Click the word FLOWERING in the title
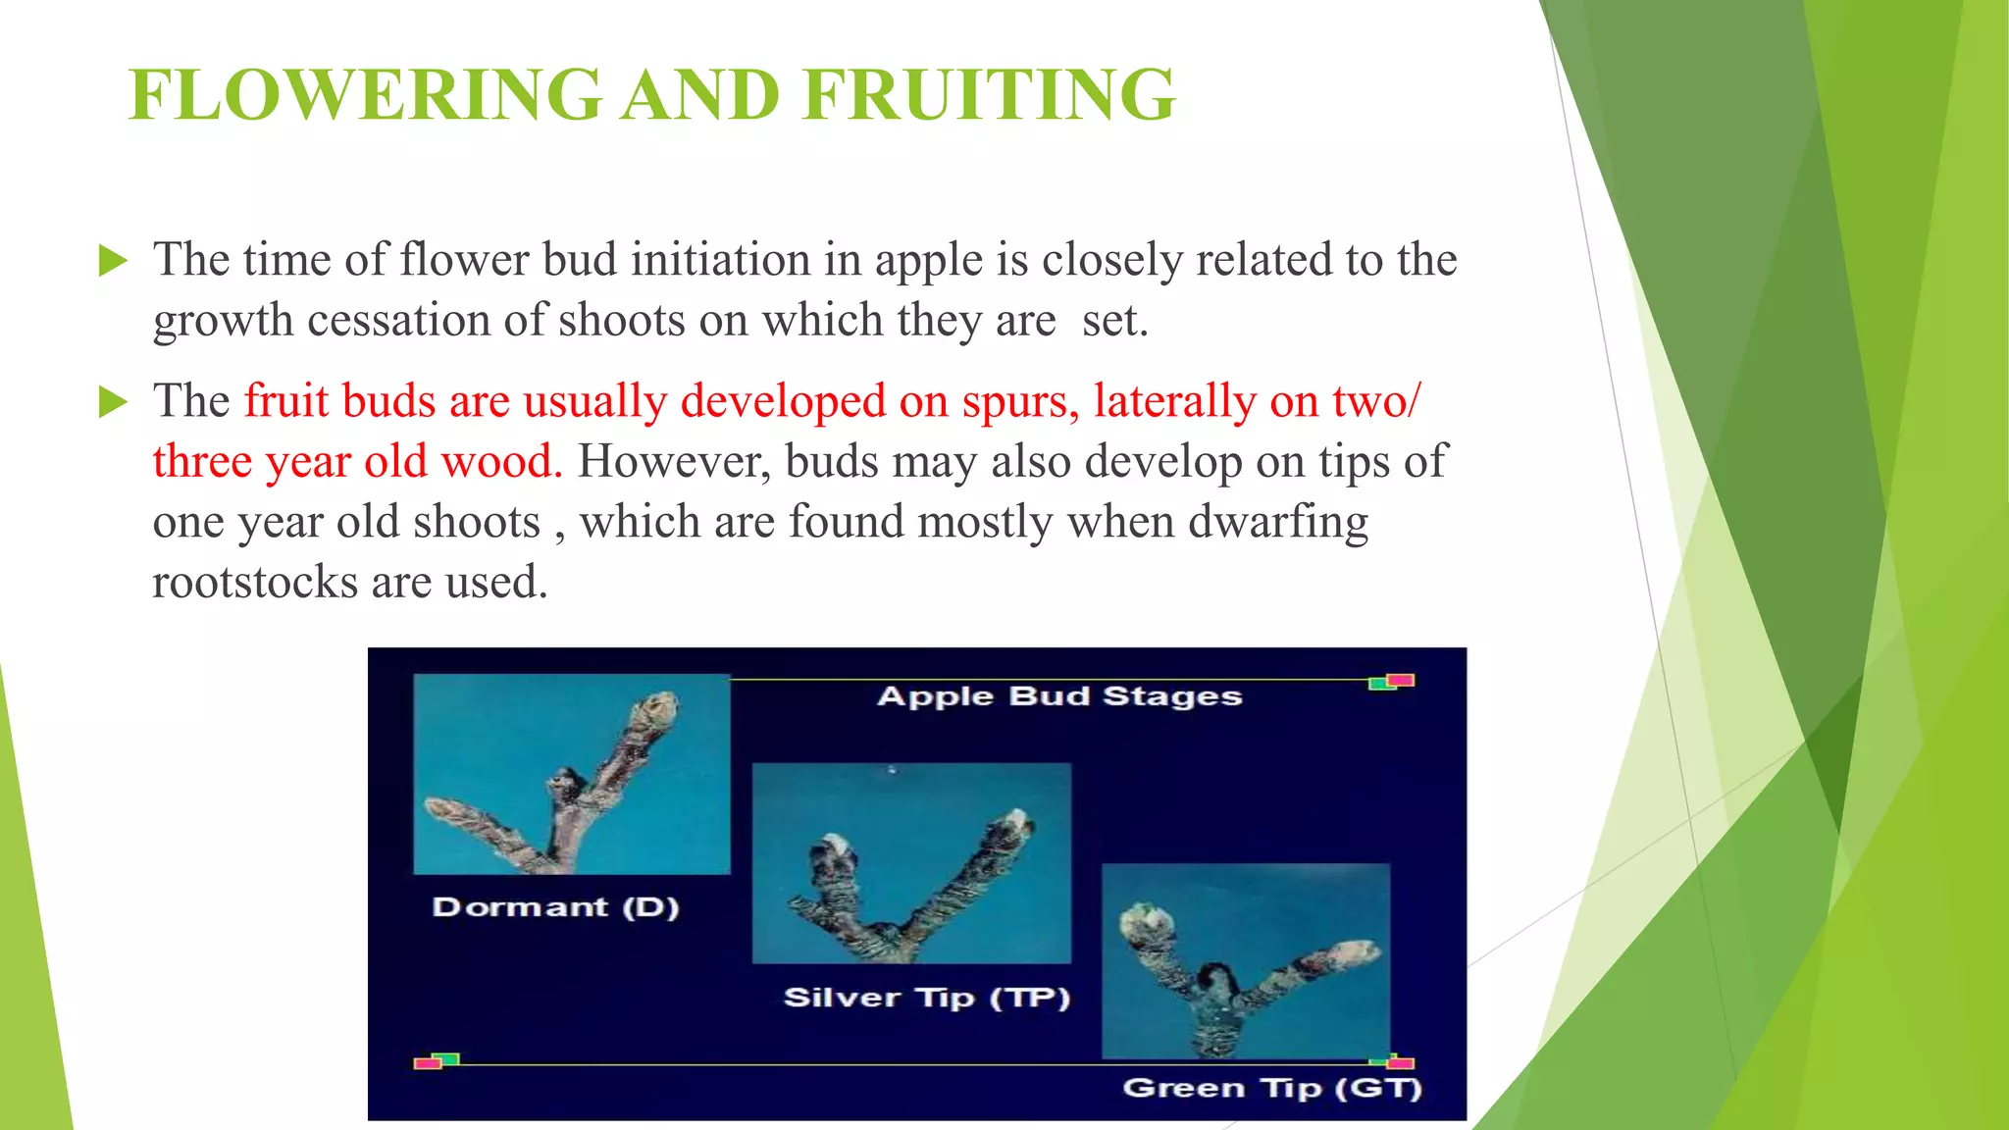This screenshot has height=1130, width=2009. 366,95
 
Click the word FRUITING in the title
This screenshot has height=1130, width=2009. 989,95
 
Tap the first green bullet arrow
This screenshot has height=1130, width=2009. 113,261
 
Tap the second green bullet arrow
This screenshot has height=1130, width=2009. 113,402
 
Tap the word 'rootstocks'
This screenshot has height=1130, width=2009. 255,583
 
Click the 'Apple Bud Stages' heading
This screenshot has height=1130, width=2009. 1059,696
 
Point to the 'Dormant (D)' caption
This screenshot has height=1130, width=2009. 556,907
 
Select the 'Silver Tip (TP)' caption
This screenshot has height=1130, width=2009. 927,999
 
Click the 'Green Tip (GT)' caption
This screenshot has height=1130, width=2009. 1272,1089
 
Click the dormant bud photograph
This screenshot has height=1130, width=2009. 572,774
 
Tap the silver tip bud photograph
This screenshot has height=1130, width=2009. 911,863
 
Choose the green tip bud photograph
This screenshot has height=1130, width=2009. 1246,961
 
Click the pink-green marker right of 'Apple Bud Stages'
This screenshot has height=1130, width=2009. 1392,682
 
